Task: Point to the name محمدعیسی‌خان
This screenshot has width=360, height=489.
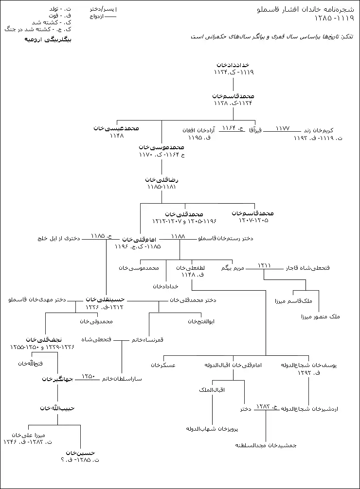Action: tap(116, 128)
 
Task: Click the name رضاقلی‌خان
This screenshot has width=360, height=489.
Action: tap(161, 179)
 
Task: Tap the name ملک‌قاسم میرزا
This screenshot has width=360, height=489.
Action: tap(304, 301)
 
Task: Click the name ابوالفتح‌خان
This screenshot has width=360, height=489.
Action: tap(201, 321)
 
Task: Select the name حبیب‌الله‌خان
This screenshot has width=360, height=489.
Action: tap(57, 408)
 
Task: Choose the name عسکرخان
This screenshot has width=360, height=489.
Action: tap(163, 365)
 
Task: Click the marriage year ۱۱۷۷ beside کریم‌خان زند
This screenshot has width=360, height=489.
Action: tap(282, 128)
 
